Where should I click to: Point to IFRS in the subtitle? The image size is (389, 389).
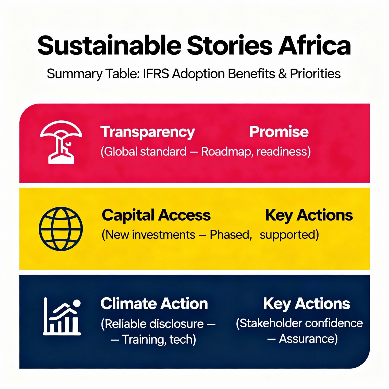pos(156,74)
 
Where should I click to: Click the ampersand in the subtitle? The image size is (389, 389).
pos(282,74)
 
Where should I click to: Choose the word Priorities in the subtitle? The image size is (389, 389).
pos(315,74)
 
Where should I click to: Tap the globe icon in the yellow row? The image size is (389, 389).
pos(61,229)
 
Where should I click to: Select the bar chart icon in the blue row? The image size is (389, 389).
pos(62,317)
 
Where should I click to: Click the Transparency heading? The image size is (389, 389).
pos(148,132)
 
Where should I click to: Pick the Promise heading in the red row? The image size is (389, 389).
pos(279,132)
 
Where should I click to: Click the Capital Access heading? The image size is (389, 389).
pos(156,215)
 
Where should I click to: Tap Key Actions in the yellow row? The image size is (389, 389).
pos(309,215)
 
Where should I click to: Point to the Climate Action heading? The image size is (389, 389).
pos(154,304)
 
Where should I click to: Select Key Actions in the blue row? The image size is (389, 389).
pos(307,304)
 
